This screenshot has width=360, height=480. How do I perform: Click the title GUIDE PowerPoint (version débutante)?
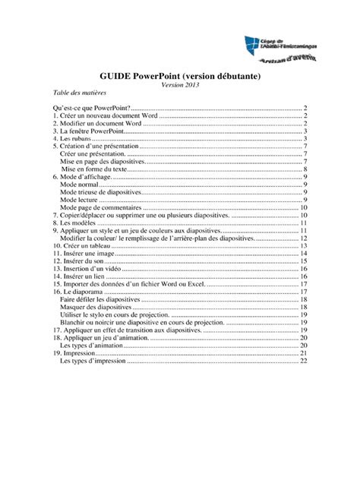click(x=179, y=77)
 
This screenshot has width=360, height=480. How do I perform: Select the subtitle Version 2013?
click(x=179, y=85)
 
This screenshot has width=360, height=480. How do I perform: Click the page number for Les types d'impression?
click(x=302, y=361)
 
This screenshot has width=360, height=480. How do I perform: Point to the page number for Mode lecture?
click(x=304, y=201)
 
